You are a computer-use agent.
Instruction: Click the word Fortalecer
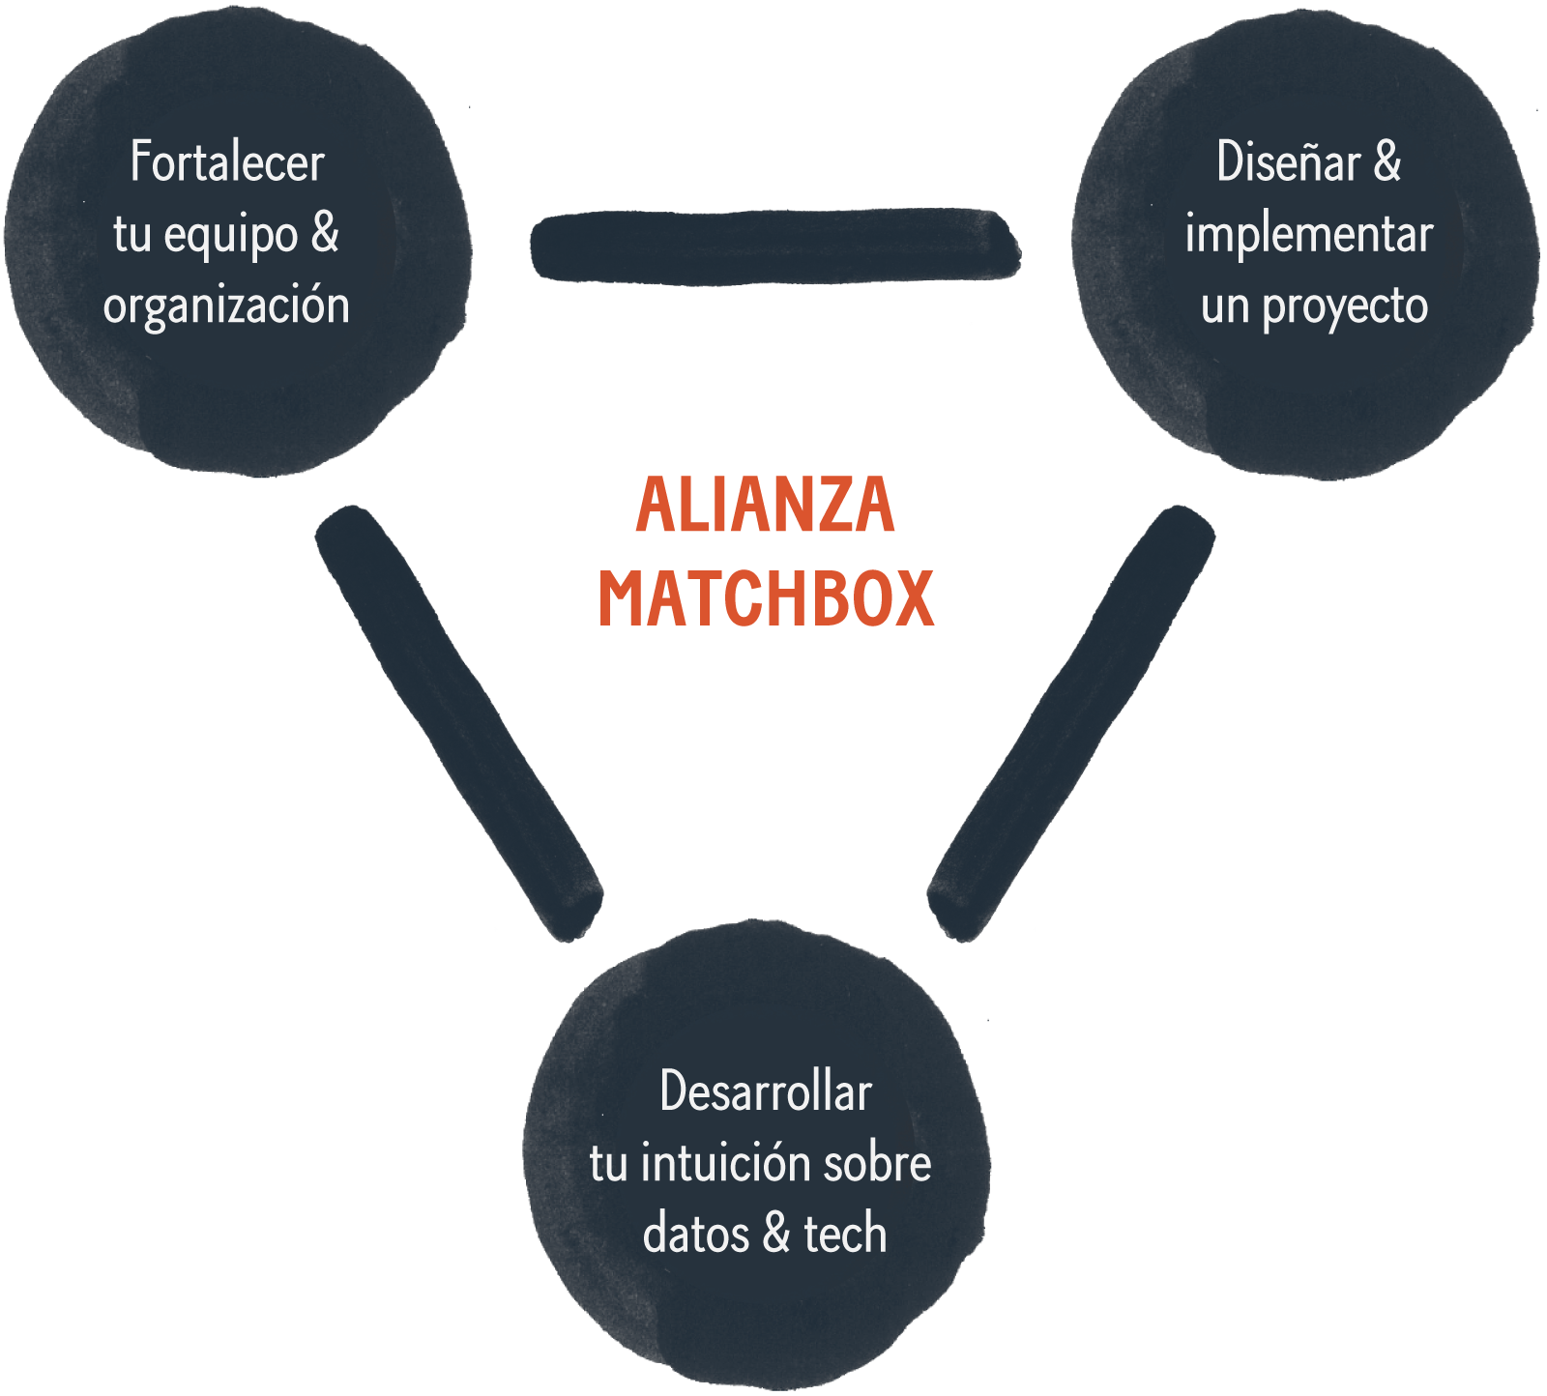(227, 161)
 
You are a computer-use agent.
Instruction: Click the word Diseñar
(1288, 161)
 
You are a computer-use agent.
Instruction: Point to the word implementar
(1309, 235)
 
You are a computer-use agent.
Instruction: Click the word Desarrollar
(766, 1092)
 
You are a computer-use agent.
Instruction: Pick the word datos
(696, 1235)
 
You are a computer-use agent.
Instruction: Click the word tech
(845, 1235)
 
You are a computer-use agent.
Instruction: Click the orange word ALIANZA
(766, 505)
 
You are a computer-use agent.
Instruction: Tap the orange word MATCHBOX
(766, 598)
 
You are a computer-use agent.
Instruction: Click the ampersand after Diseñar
(1387, 161)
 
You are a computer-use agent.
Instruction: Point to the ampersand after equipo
(326, 234)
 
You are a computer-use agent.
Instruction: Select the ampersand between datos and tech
(776, 1235)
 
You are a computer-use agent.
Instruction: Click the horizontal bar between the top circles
(775, 246)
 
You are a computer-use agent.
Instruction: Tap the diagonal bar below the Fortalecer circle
(459, 722)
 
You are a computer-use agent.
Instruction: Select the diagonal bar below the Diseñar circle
(1071, 722)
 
